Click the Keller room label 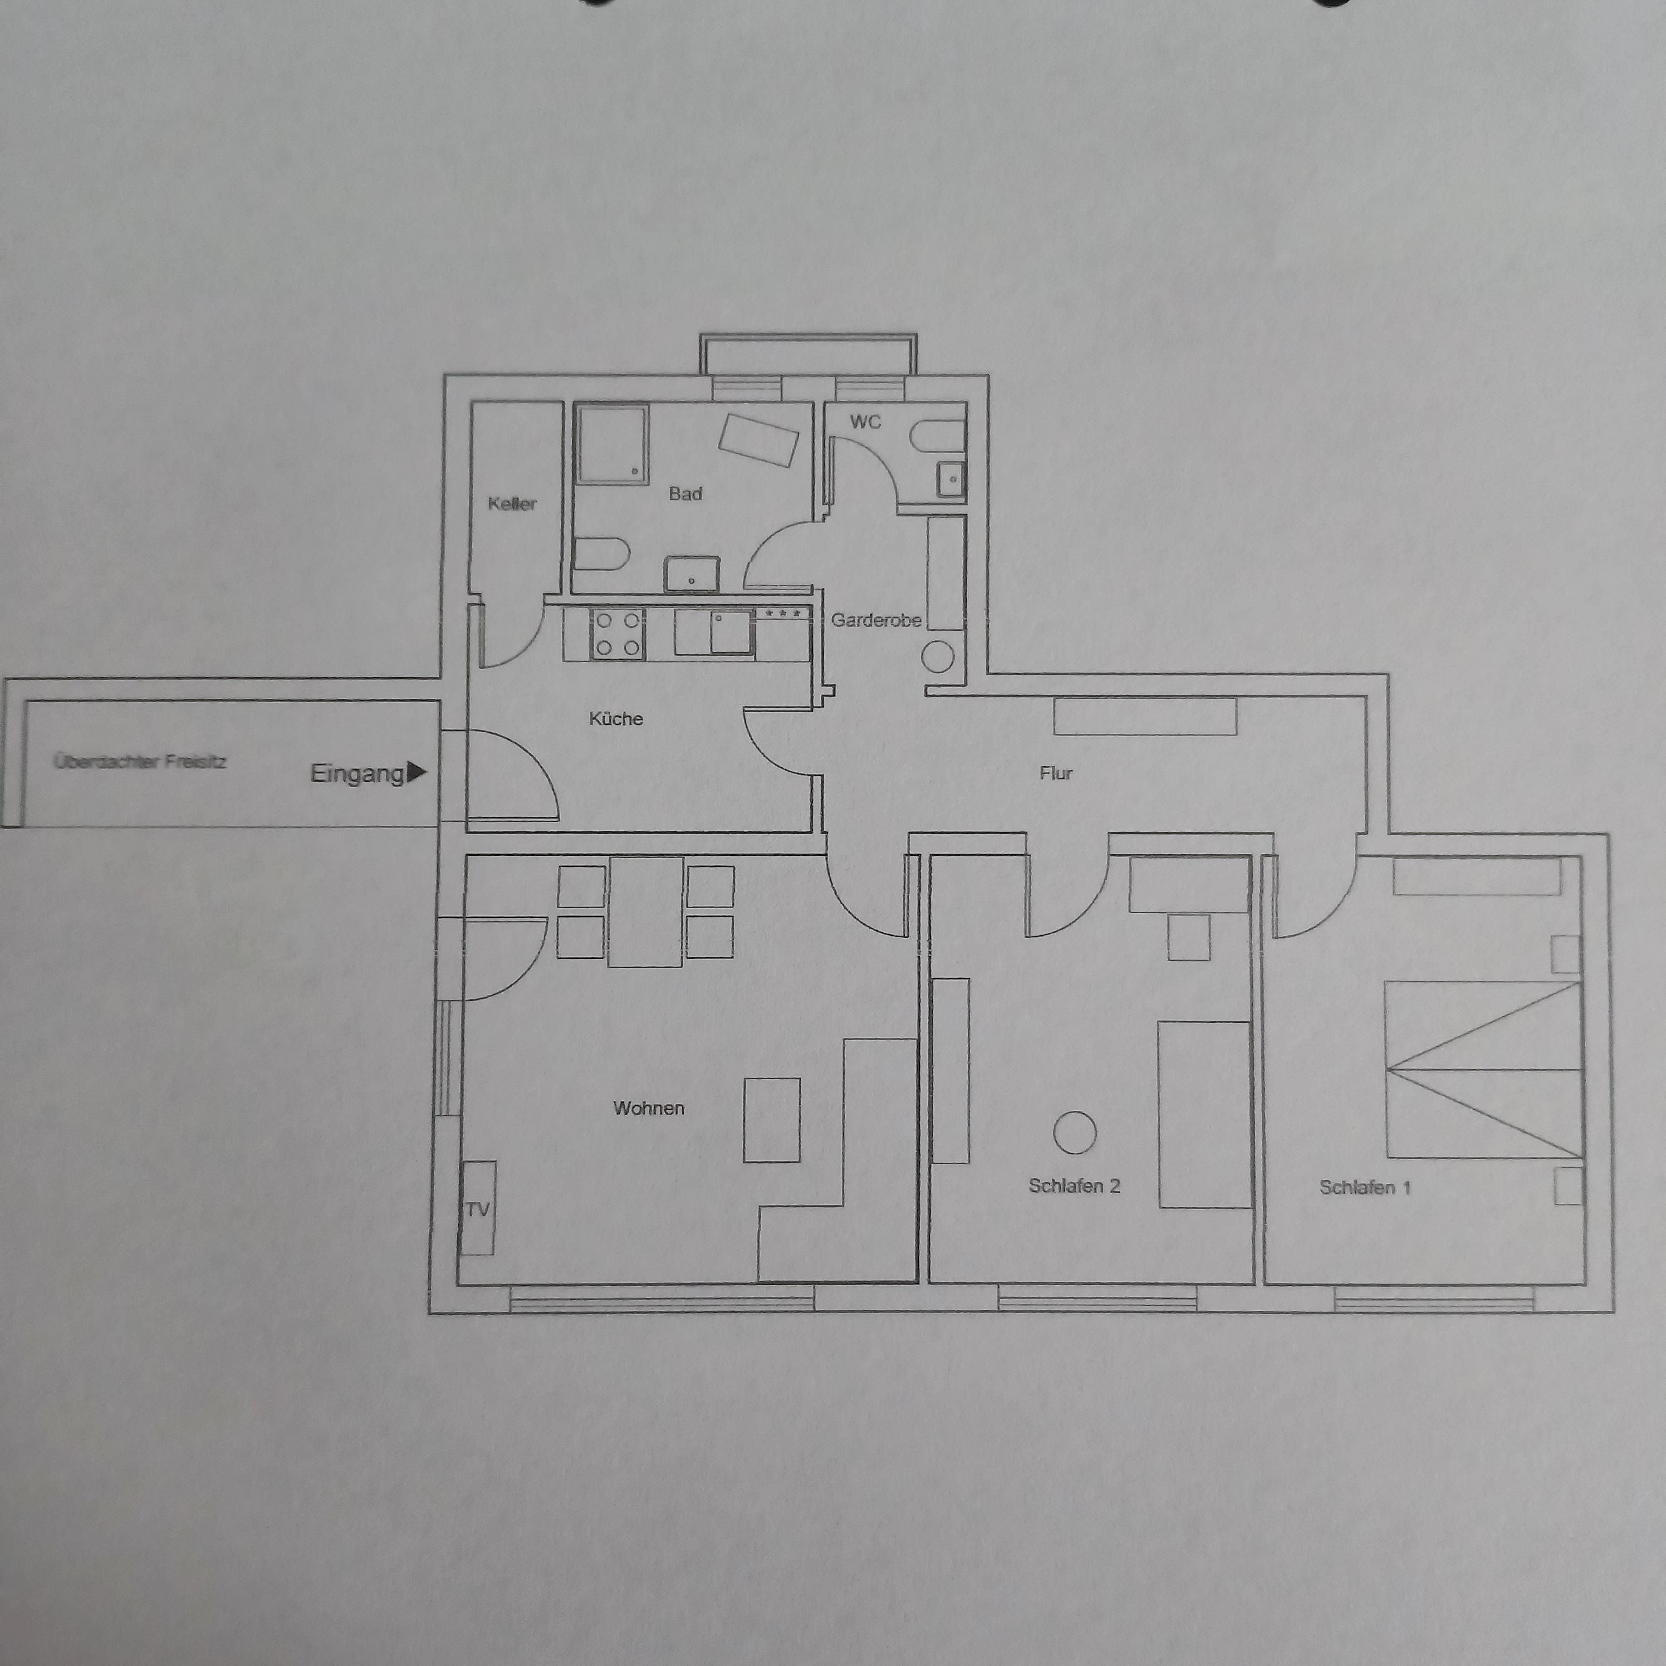tap(512, 503)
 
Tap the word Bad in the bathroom tap(685, 493)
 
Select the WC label tap(866, 422)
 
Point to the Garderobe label tap(876, 620)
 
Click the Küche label tap(616, 718)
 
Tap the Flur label tap(1056, 773)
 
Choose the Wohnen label tap(649, 1108)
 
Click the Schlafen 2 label tap(1075, 1185)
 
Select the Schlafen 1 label tap(1365, 1187)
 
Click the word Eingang tap(357, 773)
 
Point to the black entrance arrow tap(415, 772)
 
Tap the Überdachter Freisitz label tap(140, 761)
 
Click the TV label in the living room tap(478, 1209)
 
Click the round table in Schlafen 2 tap(1075, 1132)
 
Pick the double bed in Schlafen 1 tap(1483, 1069)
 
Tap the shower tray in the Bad tap(612, 443)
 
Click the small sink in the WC tap(951, 479)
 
